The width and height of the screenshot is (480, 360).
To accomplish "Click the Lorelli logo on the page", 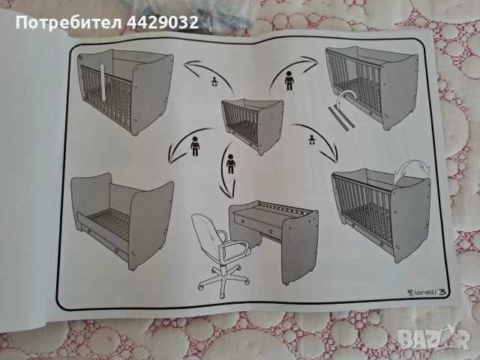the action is pos(424,292).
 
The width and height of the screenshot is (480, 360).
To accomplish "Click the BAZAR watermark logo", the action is pos(435,339).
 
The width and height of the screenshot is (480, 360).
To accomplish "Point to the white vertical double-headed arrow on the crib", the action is pos(103,82).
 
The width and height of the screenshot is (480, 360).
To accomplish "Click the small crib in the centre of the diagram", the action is pos(253,126).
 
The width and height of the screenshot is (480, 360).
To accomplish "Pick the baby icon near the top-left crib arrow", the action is pos(214,82).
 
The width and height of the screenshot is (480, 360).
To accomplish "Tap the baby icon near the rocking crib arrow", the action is pos(312,140).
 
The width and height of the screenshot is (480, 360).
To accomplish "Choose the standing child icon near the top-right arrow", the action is pos(289,80).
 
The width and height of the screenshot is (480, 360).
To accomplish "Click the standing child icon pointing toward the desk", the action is pos(231,163).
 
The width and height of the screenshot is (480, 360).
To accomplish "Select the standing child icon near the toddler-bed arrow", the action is pos(195,146).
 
